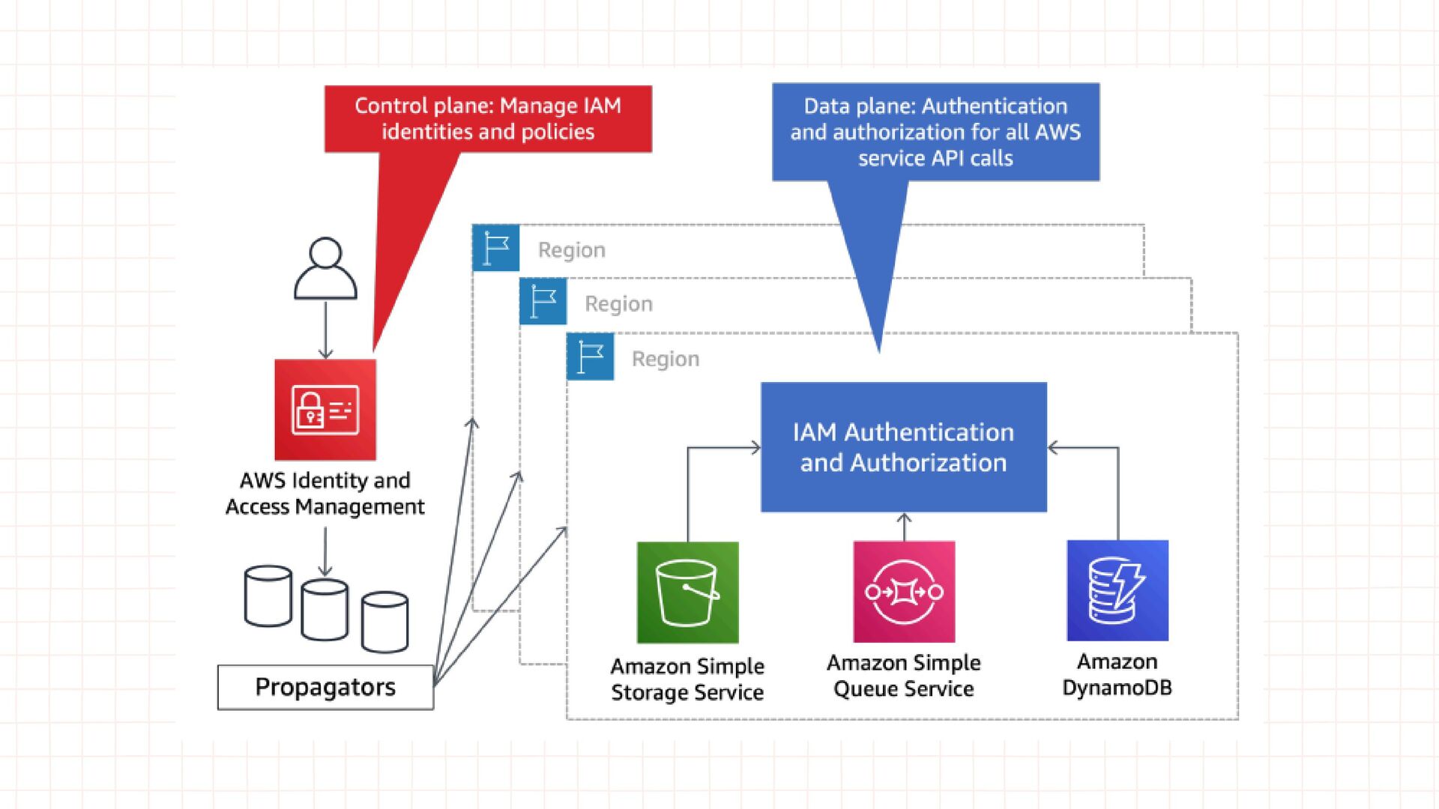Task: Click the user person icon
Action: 325,269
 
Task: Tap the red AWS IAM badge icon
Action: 325,410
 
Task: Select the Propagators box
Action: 325,687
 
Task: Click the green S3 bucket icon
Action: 687,593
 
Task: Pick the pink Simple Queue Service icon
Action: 904,592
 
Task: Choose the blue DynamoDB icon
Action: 1117,591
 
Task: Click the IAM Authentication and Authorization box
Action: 903,447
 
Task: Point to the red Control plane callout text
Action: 488,118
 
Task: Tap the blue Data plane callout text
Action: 935,132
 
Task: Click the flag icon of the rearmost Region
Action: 496,248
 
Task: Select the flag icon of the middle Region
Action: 543,302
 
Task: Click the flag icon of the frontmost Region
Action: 591,357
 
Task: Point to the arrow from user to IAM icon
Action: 325,330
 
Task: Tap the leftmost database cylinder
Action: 268,596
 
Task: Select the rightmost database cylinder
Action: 384,622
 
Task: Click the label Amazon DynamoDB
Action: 1117,674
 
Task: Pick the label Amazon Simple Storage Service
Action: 687,679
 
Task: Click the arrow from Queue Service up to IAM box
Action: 904,527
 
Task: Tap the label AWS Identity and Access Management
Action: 325,493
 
